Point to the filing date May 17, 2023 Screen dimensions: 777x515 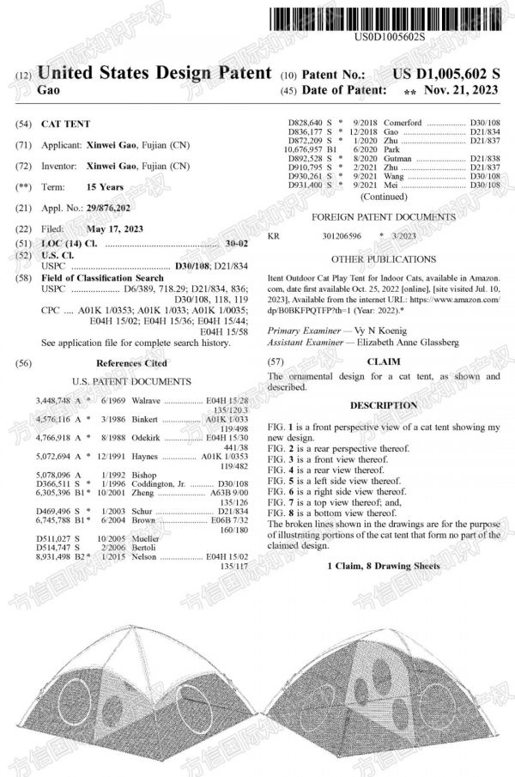pos(116,229)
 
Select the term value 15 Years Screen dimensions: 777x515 pos(105,187)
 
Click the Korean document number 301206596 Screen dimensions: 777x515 pos(342,234)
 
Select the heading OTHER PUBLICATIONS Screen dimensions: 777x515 pos(383,258)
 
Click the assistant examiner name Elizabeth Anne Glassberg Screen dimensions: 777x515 pos(408,342)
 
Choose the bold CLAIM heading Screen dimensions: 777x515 pos(384,362)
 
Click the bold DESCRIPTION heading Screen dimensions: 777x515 pos(384,404)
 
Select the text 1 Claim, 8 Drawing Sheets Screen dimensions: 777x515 pos(384,567)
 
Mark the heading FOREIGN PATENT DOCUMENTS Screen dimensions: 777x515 pos(383,217)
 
